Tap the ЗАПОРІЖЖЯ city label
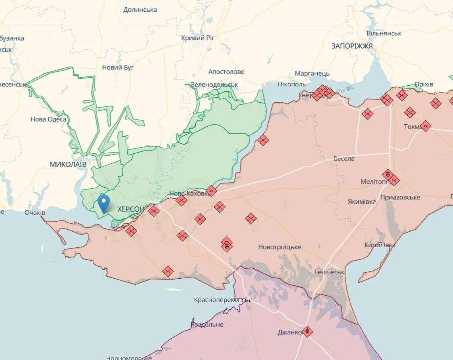point(352,46)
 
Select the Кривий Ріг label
point(198,38)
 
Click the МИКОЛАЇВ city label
point(68,165)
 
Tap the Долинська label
point(140,10)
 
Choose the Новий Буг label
point(118,68)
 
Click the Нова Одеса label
point(48,119)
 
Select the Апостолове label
point(226,72)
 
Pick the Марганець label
point(312,74)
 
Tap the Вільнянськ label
point(384,33)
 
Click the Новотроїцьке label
point(279,247)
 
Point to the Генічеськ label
point(329,272)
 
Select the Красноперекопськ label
point(222,300)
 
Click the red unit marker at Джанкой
point(307,331)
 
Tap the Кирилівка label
point(380,245)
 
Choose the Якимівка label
point(362,202)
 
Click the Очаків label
point(35,212)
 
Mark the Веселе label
point(344,159)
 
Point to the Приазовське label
point(400,197)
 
